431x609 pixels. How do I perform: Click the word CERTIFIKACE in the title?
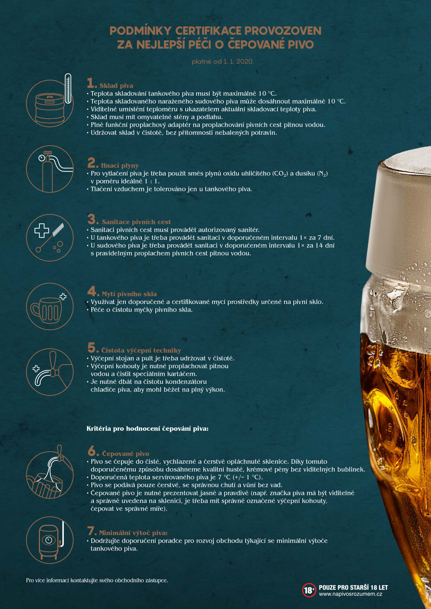coord(208,31)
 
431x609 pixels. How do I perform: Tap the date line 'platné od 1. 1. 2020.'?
coord(223,62)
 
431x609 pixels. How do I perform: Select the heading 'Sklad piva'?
coord(116,86)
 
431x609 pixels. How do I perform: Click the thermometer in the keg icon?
coord(68,88)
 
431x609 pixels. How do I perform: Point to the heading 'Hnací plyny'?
coord(120,166)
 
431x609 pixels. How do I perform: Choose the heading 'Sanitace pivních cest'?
coord(136,222)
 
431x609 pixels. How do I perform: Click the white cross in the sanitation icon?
coord(42,231)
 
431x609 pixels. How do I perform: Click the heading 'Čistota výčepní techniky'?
coord(141,350)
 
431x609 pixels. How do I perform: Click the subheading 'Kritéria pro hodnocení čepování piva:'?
coord(147,429)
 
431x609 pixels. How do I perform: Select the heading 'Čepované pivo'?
coord(125,454)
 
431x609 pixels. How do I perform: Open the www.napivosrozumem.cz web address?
coord(351,594)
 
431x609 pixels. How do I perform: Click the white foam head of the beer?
coord(401,212)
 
